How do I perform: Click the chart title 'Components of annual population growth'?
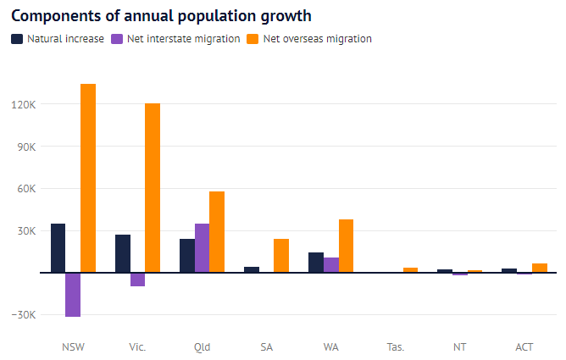click(x=161, y=16)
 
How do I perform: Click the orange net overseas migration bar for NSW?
click(x=88, y=178)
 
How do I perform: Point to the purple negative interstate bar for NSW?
click(x=73, y=295)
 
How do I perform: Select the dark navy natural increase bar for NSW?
click(x=58, y=248)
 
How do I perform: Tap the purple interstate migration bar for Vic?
click(x=137, y=280)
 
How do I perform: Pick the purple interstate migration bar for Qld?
click(x=202, y=248)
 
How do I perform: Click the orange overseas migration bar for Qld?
click(x=217, y=232)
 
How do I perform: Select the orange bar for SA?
click(x=281, y=256)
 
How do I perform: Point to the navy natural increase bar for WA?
click(x=315, y=263)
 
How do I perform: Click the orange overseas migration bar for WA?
click(x=346, y=246)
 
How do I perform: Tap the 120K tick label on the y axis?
click(x=23, y=104)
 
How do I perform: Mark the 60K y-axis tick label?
click(x=25, y=189)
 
